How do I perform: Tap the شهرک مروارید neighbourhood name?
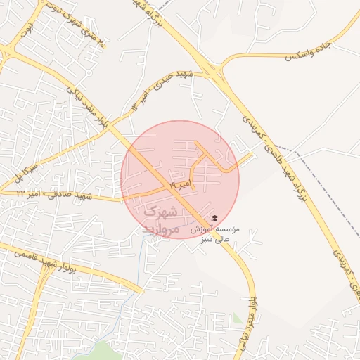[161, 220]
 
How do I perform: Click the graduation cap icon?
[214, 218]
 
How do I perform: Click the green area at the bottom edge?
[105, 352]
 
